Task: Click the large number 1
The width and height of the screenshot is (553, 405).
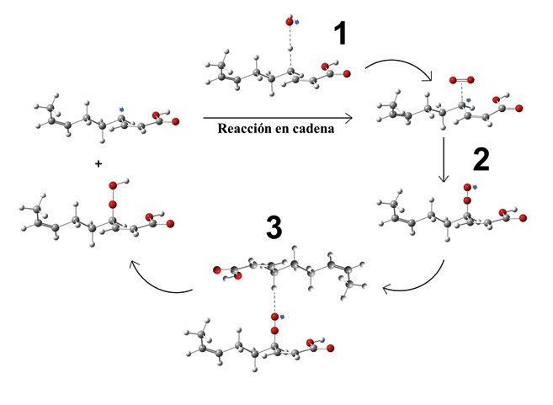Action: (339, 35)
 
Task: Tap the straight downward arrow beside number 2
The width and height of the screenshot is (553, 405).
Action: (444, 160)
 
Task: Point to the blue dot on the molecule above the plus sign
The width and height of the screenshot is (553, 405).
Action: (122, 108)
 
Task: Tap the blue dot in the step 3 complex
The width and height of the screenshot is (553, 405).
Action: (283, 317)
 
